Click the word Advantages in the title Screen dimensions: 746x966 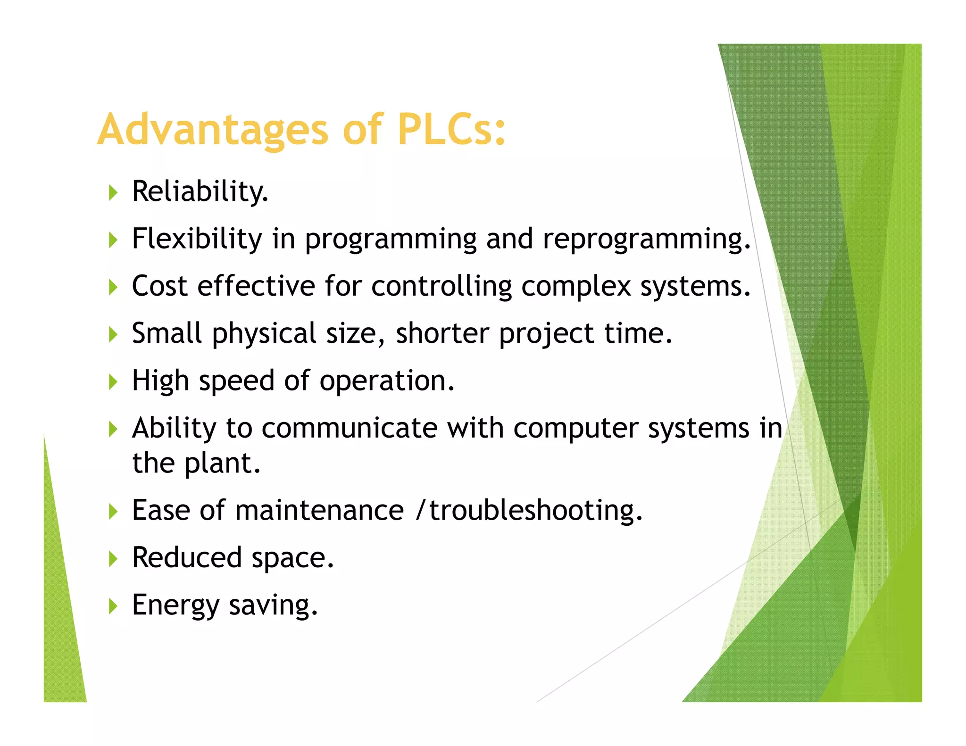212,130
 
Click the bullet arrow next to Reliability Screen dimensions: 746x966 113,192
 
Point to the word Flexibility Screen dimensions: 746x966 197,239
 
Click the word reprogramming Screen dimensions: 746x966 646,240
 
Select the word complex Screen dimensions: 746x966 576,287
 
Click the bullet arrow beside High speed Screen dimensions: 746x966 113,381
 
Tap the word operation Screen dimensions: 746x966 387,381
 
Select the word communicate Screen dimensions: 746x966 350,428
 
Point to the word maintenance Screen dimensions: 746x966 319,511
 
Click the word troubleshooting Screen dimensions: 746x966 535,511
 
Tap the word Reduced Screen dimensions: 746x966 187,558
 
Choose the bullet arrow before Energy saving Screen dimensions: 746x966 113,606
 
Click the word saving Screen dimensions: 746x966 273,605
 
